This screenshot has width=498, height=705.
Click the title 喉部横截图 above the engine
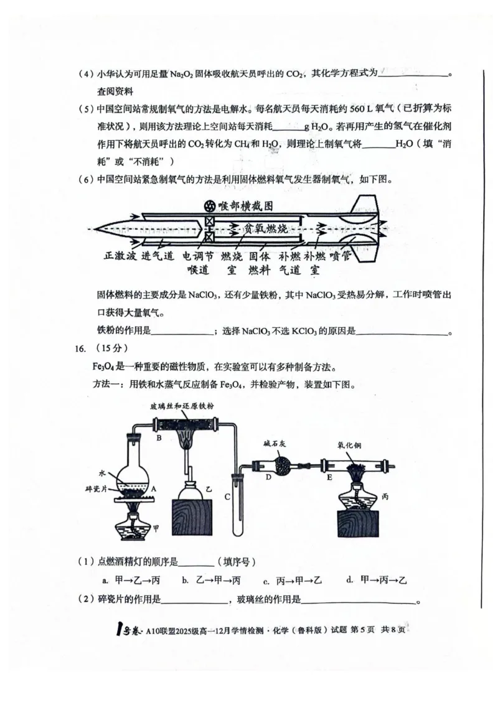pyautogui.click(x=242, y=205)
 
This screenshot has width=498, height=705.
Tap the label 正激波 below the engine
pyautogui.click(x=120, y=256)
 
